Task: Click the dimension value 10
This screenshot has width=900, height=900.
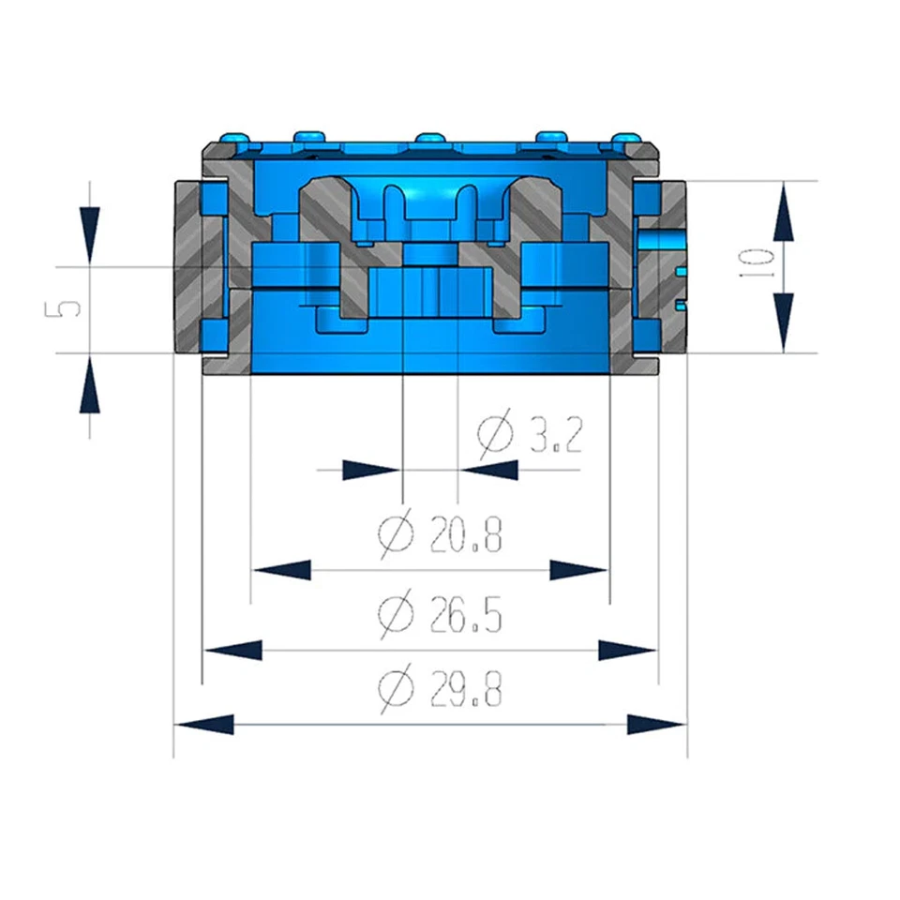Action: tap(761, 265)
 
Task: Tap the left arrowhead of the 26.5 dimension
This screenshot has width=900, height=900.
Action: tap(233, 649)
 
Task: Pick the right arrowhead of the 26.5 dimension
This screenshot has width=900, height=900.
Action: tap(627, 649)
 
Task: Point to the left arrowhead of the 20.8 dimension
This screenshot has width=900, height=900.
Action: tap(282, 570)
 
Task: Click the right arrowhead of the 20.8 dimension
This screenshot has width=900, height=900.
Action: tap(578, 570)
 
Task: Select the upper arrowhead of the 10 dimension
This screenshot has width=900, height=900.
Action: tap(784, 211)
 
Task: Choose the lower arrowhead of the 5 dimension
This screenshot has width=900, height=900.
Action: tap(88, 384)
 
